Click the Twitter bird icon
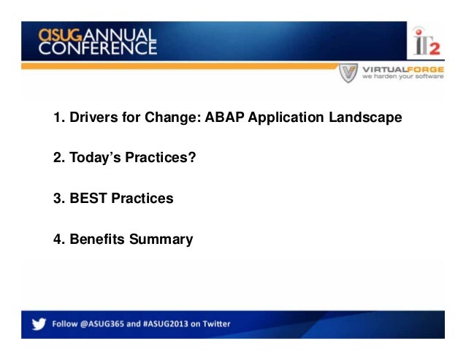(x=39, y=323)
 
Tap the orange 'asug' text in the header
(x=60, y=35)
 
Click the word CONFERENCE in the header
(x=97, y=47)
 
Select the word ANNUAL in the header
(x=120, y=35)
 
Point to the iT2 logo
(x=427, y=42)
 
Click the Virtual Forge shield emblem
(x=348, y=72)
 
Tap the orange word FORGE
(x=425, y=69)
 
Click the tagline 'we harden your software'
(x=402, y=77)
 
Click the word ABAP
(x=224, y=117)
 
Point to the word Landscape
(x=365, y=118)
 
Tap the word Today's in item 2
(x=95, y=158)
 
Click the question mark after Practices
(x=192, y=157)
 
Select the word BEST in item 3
(x=88, y=198)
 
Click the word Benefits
(x=97, y=239)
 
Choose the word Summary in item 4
(x=161, y=240)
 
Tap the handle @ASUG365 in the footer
(x=102, y=323)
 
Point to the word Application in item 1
(x=286, y=118)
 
